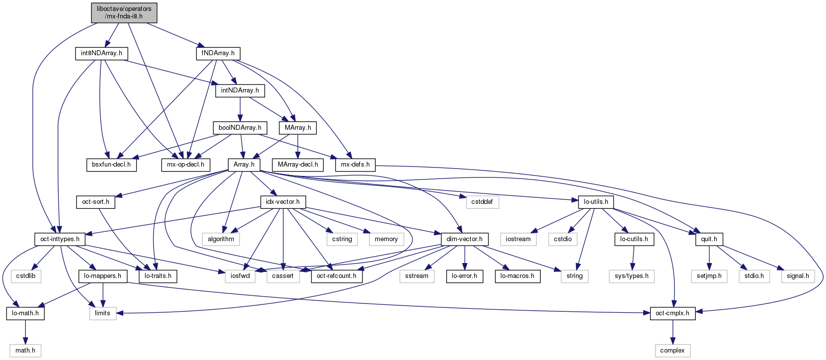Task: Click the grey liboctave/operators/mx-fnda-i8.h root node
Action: [x=124, y=13]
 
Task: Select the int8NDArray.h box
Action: [x=101, y=54]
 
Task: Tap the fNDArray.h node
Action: [x=218, y=54]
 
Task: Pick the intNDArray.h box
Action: [x=240, y=90]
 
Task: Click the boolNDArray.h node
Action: [x=240, y=128]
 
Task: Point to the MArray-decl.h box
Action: [x=298, y=165]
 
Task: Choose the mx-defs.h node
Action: [x=355, y=165]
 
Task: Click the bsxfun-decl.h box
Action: [x=111, y=165]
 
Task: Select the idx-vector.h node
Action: [x=283, y=202]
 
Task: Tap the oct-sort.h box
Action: [x=96, y=202]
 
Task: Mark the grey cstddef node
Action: [x=482, y=202]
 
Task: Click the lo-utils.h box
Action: [x=596, y=202]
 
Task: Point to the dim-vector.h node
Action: [x=465, y=239]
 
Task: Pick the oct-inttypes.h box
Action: [x=60, y=239]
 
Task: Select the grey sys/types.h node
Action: [x=632, y=276]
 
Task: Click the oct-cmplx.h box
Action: [x=672, y=314]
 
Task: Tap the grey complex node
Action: [x=672, y=351]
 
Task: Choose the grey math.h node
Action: [x=25, y=351]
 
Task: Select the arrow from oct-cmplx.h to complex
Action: [x=672, y=332]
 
